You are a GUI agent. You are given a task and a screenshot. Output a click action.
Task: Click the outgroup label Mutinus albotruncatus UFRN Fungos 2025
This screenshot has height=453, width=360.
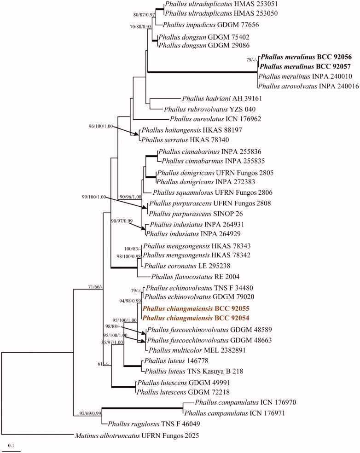[137, 435]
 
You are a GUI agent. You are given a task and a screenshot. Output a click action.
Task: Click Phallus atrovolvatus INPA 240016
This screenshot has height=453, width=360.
[308, 86]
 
